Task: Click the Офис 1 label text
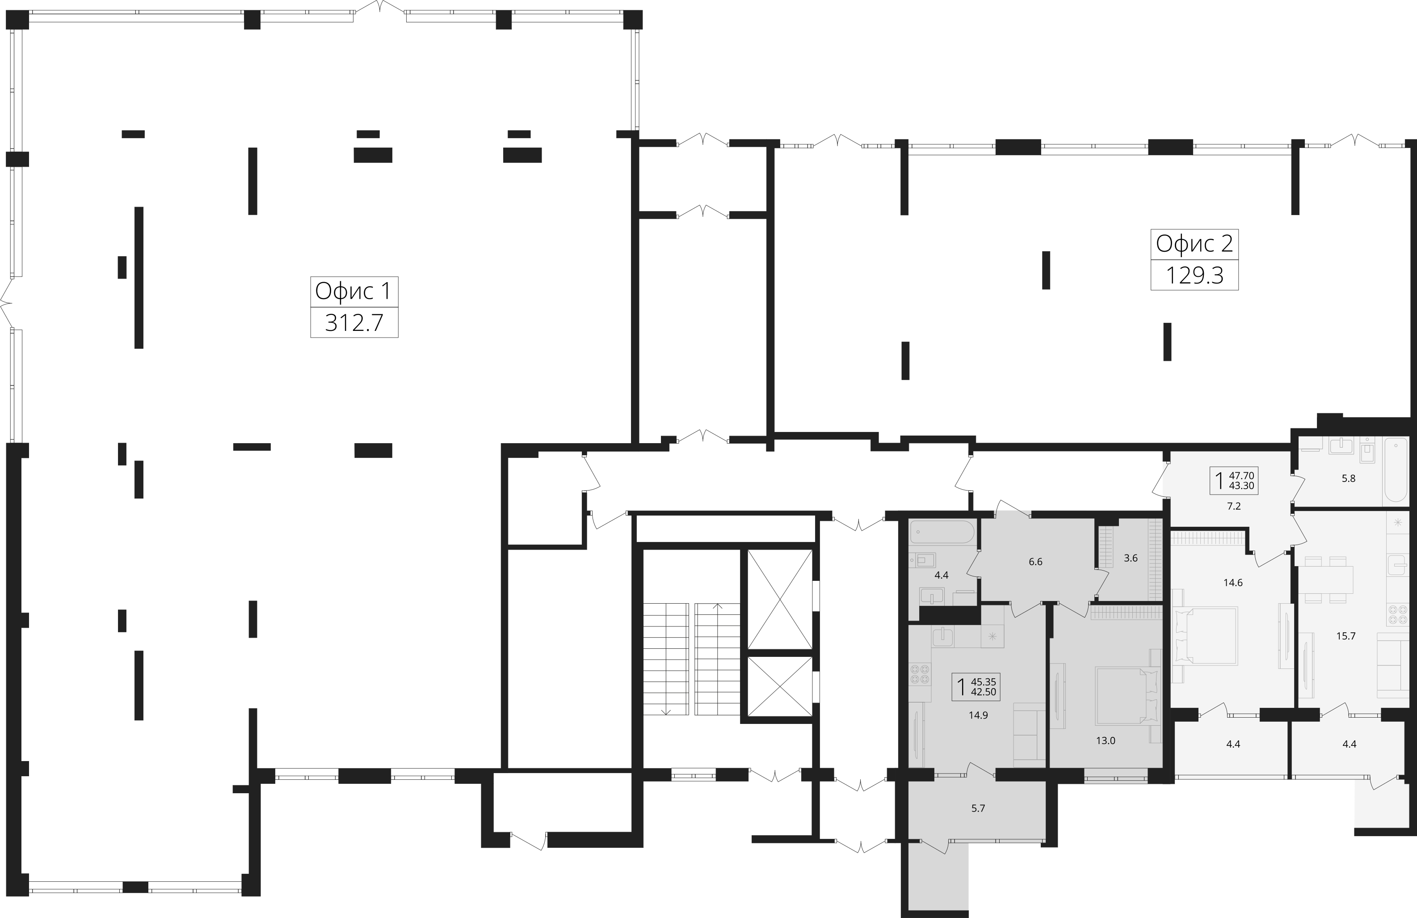pos(353,291)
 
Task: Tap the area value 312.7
pos(354,323)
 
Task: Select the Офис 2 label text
pos(1194,244)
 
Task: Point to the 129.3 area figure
pos(1194,276)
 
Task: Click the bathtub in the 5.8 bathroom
pos(1396,478)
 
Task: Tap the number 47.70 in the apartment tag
pos(1241,475)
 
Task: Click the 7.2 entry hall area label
pos(1234,506)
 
